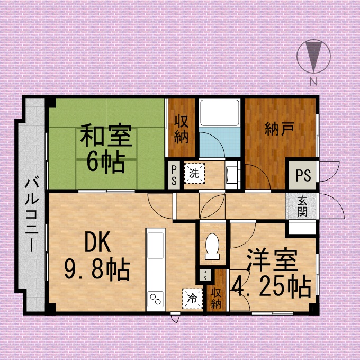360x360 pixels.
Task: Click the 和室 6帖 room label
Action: tap(106, 148)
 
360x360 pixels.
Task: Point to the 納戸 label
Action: tap(280, 129)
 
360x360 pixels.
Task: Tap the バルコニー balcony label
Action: tap(32, 213)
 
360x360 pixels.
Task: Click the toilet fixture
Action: tap(212, 247)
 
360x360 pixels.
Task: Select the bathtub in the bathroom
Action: tap(220, 112)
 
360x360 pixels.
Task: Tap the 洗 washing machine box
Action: tap(194, 173)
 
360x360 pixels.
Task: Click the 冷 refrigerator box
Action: tap(192, 299)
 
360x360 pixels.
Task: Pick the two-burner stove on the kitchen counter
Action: tap(156, 299)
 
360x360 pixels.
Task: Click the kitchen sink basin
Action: tap(156, 246)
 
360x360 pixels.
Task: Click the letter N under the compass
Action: tap(313, 82)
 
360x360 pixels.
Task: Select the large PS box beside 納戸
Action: tap(303, 175)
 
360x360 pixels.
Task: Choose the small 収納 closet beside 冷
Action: tap(217, 298)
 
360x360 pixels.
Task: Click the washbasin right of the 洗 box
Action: tap(231, 175)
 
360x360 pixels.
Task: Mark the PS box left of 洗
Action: tap(174, 175)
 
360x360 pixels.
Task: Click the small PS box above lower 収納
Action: tap(204, 275)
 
